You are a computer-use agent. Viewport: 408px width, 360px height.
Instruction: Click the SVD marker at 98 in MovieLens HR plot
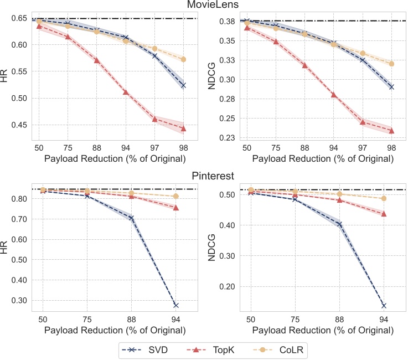pyautogui.click(x=183, y=85)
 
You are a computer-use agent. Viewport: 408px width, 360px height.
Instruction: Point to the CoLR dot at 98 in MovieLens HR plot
pyautogui.click(x=183, y=59)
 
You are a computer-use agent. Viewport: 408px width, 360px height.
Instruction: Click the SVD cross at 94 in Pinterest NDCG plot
pyautogui.click(x=384, y=306)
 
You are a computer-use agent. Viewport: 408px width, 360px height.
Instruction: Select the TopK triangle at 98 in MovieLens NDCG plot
pyautogui.click(x=391, y=131)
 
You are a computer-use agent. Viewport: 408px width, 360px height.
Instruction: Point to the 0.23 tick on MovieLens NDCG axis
pyautogui.click(x=227, y=138)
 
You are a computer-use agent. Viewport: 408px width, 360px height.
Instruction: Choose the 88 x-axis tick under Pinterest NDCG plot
pyautogui.click(x=339, y=320)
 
